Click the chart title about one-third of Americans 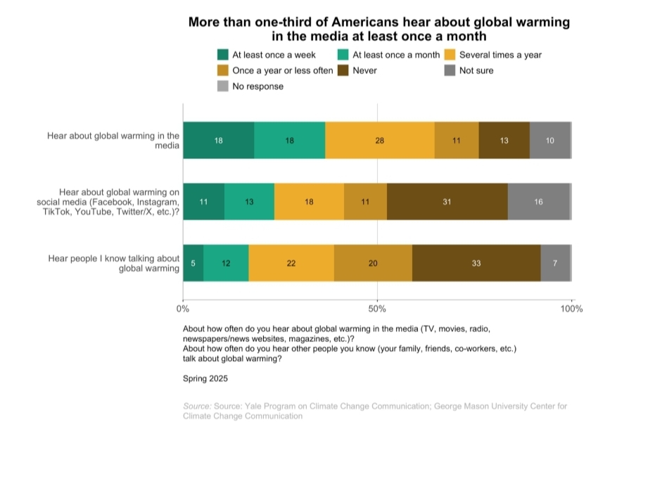[378, 29]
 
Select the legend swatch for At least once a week [223, 55]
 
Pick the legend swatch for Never [343, 70]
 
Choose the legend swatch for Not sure [450, 70]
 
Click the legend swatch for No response [223, 87]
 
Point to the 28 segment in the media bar [380, 140]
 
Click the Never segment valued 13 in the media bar [504, 140]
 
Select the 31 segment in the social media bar [447, 202]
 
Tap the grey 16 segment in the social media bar [538, 202]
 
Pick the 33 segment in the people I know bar [476, 263]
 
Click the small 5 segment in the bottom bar [193, 263]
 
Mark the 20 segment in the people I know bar [373, 263]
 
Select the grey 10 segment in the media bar [549, 140]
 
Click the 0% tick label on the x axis [183, 308]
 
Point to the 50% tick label [377, 308]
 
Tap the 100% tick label [571, 308]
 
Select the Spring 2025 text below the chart [205, 378]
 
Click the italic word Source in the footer [197, 407]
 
